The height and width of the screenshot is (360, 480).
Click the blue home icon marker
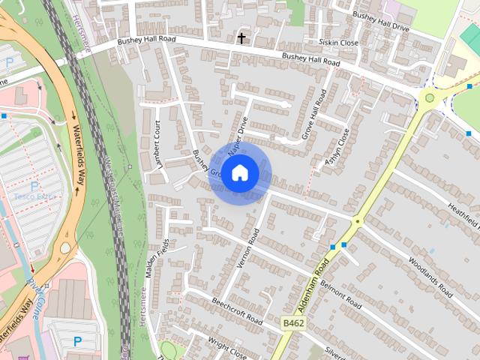tap(239, 173)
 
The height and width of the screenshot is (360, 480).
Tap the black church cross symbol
tap(241, 37)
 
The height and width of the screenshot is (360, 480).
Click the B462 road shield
tap(294, 322)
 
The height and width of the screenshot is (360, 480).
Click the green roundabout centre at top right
tap(430, 97)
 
